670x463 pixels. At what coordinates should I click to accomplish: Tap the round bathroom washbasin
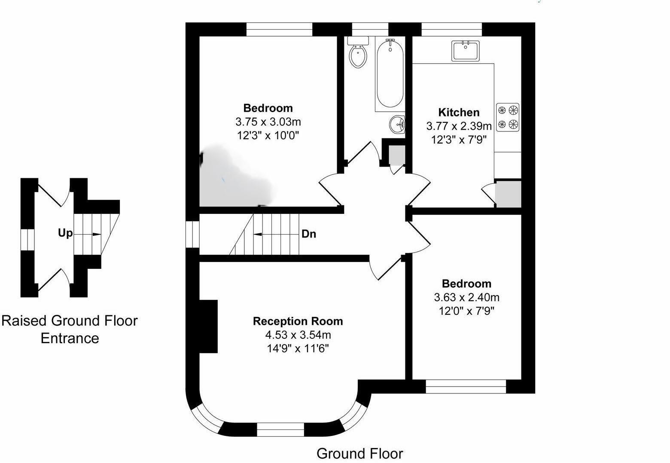(397, 125)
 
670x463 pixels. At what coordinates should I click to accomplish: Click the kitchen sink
(466, 50)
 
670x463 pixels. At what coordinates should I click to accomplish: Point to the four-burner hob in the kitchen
(508, 117)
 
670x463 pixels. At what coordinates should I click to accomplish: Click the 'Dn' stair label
(309, 234)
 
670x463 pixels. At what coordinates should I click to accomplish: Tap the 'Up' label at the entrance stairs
(65, 233)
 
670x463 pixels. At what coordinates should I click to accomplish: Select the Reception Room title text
(298, 321)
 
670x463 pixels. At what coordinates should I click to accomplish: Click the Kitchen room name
(459, 113)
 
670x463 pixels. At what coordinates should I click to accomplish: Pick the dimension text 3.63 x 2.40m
(466, 297)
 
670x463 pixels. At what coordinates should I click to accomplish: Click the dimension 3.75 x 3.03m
(268, 122)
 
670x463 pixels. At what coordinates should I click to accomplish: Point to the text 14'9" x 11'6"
(298, 348)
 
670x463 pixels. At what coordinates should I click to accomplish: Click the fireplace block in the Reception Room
(209, 326)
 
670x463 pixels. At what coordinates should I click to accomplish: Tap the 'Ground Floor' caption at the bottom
(359, 453)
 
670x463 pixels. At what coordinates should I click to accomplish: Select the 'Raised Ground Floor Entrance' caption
(70, 329)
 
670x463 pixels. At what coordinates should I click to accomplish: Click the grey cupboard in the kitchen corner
(508, 194)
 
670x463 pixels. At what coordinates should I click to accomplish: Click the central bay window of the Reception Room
(280, 429)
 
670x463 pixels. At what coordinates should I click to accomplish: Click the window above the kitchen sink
(452, 29)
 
